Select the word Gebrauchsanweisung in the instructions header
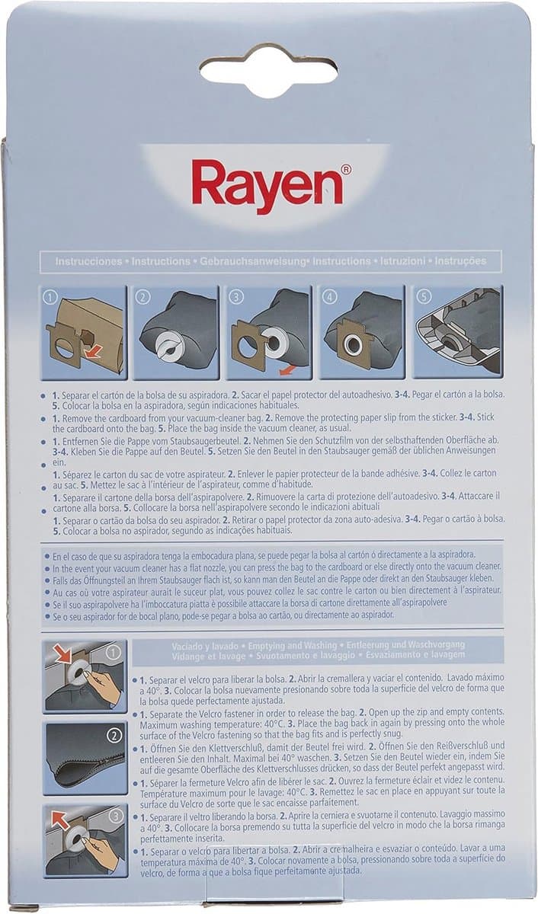point(252,261)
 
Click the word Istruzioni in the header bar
point(402,261)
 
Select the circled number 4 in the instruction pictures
point(329,297)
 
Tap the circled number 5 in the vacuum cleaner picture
point(424,296)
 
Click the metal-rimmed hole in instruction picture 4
point(351,344)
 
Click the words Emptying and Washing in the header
point(293,646)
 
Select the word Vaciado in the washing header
point(187,647)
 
